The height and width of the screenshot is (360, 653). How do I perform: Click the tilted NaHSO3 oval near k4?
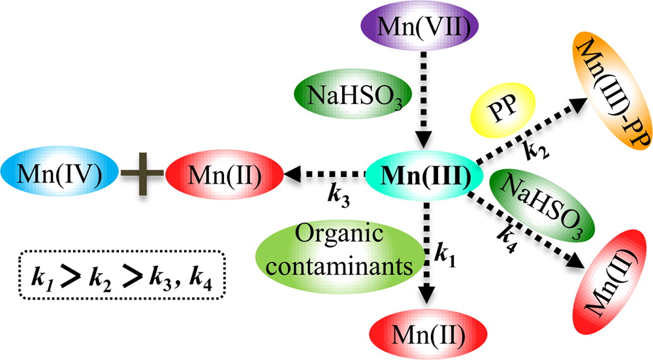(x=541, y=203)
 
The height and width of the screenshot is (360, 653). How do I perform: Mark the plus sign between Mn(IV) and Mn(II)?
(x=141, y=174)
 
